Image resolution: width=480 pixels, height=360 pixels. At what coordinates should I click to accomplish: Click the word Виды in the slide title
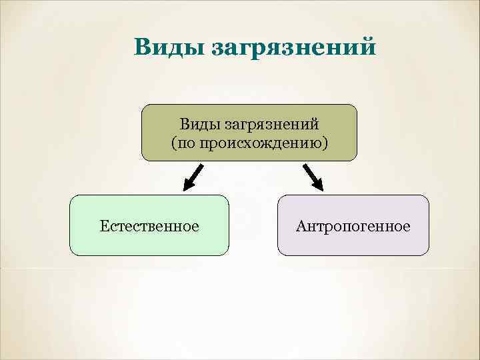[x=169, y=48]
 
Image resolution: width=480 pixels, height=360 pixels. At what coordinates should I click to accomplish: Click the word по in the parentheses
[x=187, y=143]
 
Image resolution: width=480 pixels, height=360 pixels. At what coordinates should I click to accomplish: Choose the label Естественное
[x=149, y=226]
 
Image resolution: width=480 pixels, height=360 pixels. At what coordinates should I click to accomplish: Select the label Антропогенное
[x=353, y=226]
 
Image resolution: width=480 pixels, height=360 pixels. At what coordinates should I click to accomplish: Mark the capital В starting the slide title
[x=142, y=47]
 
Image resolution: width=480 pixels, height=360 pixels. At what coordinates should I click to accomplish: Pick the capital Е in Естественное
[x=104, y=226]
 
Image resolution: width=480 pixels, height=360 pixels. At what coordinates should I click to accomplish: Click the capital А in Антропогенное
[x=301, y=226]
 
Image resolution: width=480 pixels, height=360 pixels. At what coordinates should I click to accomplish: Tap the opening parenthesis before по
[x=174, y=143]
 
